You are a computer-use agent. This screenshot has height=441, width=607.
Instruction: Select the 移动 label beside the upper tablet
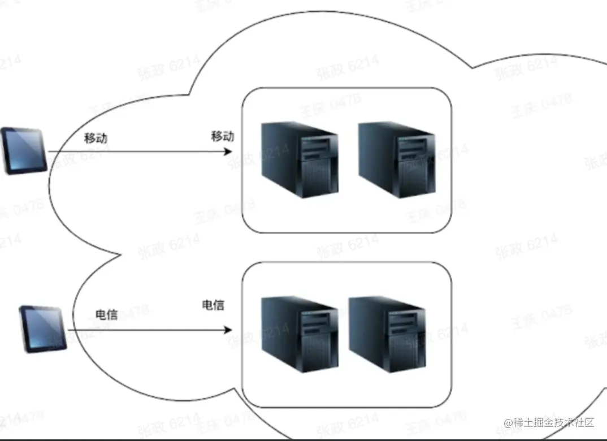(x=96, y=138)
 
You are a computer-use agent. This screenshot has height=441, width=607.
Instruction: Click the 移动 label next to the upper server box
(x=223, y=136)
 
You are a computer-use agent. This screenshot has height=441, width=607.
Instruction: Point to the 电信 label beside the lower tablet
(x=107, y=315)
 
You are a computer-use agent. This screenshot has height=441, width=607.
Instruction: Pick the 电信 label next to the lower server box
(x=213, y=305)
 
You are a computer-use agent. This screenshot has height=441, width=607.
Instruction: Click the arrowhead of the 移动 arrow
(x=229, y=152)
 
